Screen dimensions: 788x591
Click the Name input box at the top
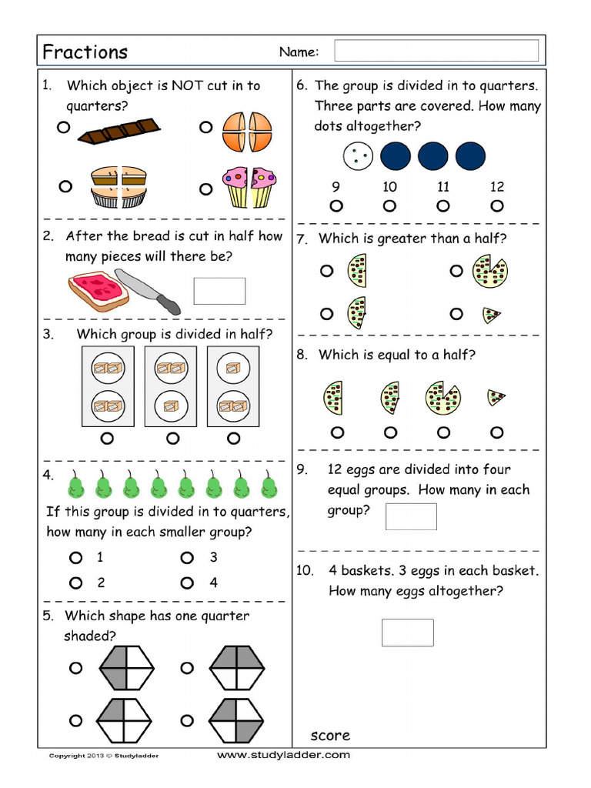coord(436,51)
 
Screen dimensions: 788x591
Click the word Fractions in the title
coord(85,52)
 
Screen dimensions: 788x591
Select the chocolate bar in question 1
coord(119,132)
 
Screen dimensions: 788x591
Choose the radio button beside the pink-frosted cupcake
coord(205,188)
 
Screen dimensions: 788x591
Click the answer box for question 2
coord(219,291)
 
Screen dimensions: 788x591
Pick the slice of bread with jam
coord(98,291)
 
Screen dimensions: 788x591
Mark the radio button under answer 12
coord(497,205)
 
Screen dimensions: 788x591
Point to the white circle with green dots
coord(358,156)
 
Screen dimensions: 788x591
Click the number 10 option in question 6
coord(389,186)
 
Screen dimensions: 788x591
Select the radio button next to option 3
coord(187,557)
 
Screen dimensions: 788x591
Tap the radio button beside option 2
coord(75,583)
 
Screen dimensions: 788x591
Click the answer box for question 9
coord(411,516)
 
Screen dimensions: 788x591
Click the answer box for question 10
coord(408,633)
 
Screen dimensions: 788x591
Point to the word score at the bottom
coord(330,735)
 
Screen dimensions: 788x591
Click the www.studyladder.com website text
coord(283,755)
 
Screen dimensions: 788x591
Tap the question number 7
coord(303,239)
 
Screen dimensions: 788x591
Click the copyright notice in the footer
coord(104,756)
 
